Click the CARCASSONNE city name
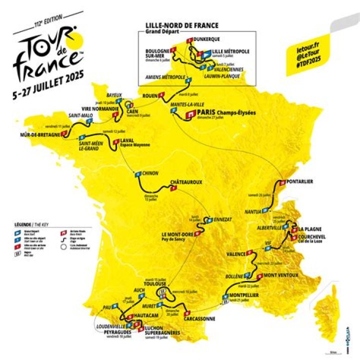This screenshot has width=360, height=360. click(199, 318)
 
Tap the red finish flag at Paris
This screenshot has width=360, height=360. click(189, 114)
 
